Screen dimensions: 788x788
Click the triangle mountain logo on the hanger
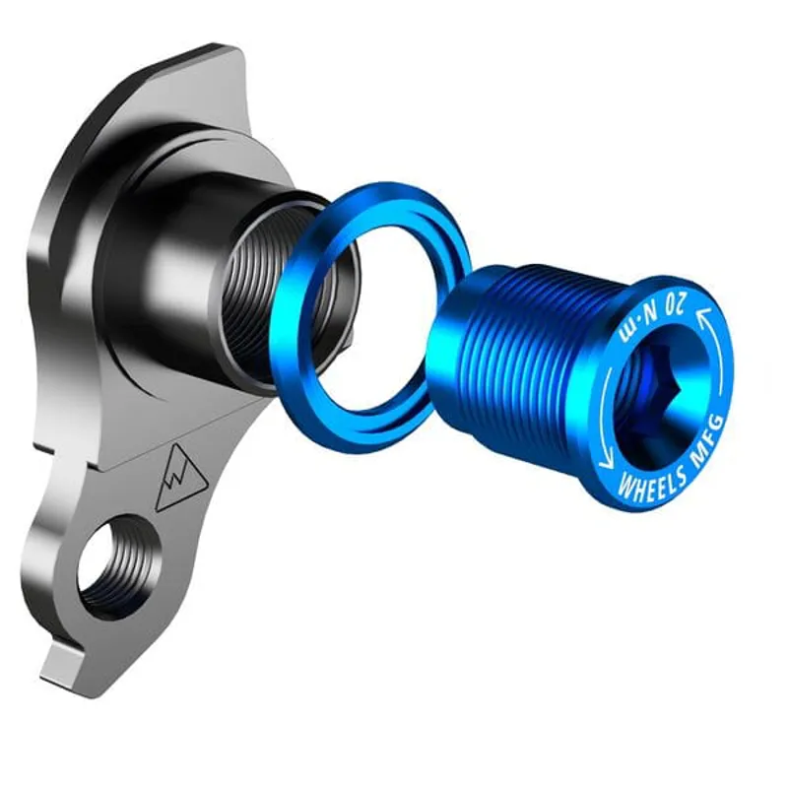point(179,476)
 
